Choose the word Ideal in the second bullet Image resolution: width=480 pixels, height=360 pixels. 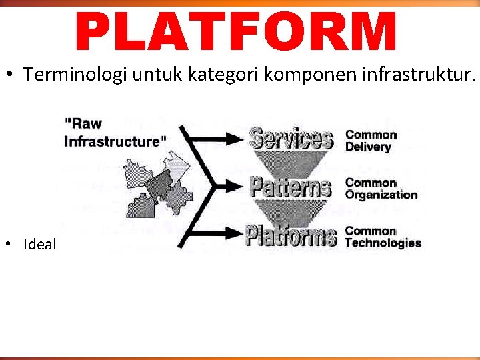[40, 244]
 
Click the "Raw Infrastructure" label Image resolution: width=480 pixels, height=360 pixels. [115, 132]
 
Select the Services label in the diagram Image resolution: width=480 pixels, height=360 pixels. [291, 138]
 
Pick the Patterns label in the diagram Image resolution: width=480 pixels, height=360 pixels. [291, 187]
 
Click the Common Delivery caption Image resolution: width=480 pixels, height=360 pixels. [371, 140]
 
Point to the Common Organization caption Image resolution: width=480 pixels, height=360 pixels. [381, 189]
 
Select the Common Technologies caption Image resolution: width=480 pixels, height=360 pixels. [383, 237]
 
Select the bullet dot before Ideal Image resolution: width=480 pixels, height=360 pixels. [12, 244]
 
